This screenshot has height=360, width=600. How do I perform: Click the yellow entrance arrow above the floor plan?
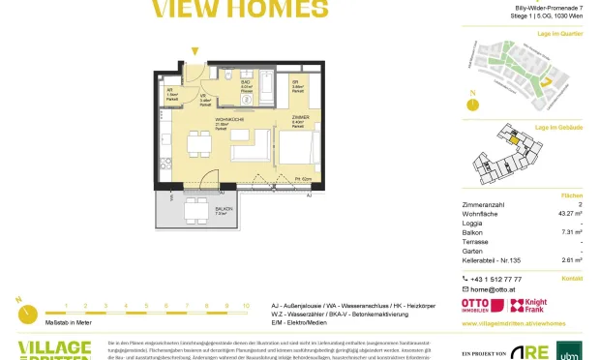coord(195,51)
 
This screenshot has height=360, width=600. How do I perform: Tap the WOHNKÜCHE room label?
coord(228,119)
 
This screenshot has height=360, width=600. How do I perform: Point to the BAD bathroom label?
coord(245,83)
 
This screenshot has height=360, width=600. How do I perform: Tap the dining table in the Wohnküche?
coord(197,144)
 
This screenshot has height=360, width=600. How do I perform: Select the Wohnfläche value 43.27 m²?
coord(566,213)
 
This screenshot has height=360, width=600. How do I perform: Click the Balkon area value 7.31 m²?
coord(570,232)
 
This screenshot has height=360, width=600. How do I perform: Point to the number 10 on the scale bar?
coord(246,305)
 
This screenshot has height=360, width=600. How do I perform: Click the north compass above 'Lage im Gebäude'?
coord(472,102)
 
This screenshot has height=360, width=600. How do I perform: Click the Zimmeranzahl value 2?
coord(579,204)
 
